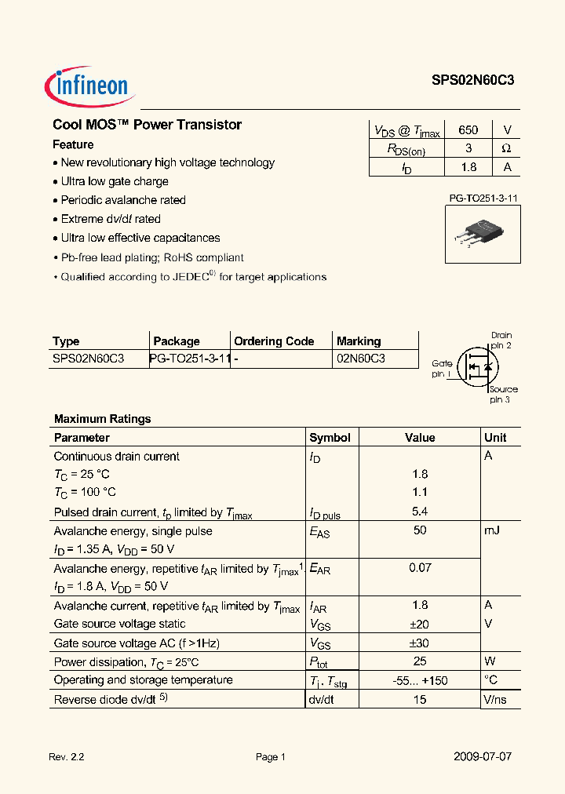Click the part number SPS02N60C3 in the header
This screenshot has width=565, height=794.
472,80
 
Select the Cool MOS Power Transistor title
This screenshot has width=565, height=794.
147,125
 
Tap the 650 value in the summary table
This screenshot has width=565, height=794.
468,130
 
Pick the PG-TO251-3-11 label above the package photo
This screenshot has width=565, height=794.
478,199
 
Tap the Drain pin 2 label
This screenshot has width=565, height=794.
501,340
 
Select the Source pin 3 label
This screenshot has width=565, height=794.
502,394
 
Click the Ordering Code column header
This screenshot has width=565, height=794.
274,341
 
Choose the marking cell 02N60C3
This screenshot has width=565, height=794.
361,359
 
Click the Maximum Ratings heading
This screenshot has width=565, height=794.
102,419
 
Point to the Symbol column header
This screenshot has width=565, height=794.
330,438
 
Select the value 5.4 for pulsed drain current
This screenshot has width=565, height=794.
420,512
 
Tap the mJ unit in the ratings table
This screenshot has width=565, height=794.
492,530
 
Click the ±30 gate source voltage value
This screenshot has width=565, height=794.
420,643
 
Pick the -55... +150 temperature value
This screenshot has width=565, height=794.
420,680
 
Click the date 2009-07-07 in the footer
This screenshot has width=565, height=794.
483,757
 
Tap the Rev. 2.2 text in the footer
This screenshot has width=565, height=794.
66,757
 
